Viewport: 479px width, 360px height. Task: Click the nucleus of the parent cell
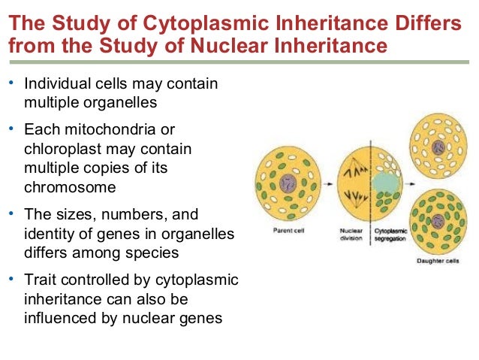coord(288,183)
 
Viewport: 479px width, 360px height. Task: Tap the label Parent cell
coord(288,231)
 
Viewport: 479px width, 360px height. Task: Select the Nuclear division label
coord(351,234)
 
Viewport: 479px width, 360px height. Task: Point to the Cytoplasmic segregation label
coord(388,234)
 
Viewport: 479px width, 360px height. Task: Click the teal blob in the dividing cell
coord(384,183)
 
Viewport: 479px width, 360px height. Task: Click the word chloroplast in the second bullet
coord(61,150)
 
